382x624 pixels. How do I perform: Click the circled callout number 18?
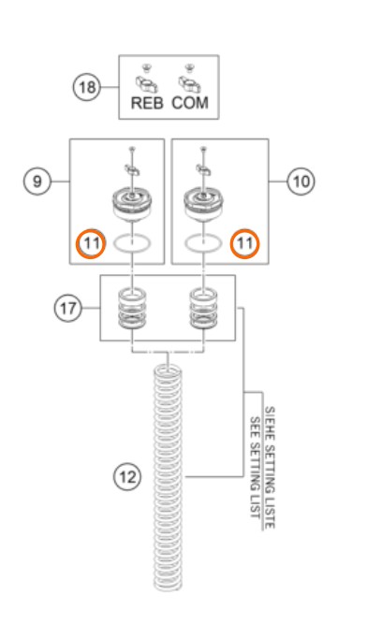click(86, 87)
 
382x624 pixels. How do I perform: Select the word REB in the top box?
click(147, 103)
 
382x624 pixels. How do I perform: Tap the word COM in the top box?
click(190, 103)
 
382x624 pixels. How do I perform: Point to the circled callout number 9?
click(37, 181)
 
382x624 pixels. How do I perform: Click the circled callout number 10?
click(301, 181)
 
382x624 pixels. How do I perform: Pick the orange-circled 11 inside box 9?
click(91, 243)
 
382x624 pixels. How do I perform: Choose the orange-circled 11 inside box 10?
click(244, 243)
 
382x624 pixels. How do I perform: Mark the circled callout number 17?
click(68, 308)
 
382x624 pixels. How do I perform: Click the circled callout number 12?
click(127, 476)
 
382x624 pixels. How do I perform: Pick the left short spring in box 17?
click(132, 308)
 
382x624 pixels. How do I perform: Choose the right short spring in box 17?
click(203, 308)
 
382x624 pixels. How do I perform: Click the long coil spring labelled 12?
click(169, 477)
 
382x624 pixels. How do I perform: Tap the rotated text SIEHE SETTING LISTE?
click(270, 468)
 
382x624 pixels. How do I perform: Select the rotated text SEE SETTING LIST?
click(255, 468)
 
